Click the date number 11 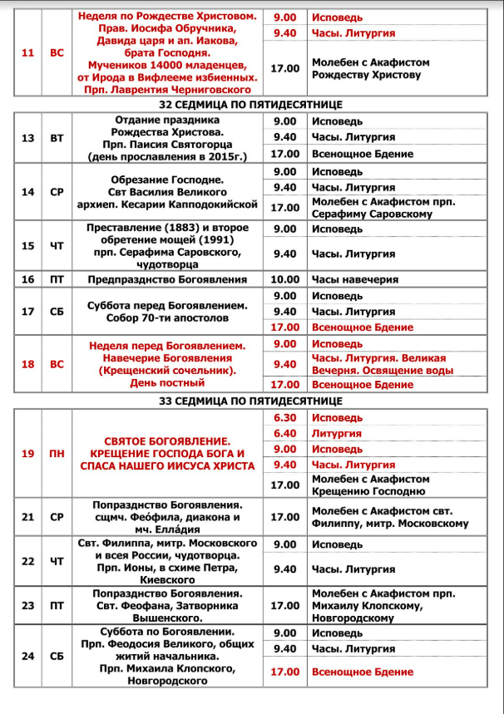tap(27, 53)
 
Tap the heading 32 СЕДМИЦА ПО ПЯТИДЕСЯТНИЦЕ tap(252, 106)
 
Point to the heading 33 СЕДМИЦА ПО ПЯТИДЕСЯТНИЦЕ tap(252, 401)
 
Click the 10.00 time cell tap(284, 279)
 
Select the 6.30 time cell tap(284, 417)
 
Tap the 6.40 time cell tap(284, 433)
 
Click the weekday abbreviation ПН tap(57, 454)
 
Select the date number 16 tap(27, 279)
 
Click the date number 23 tap(27, 606)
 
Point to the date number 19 tap(27, 454)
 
